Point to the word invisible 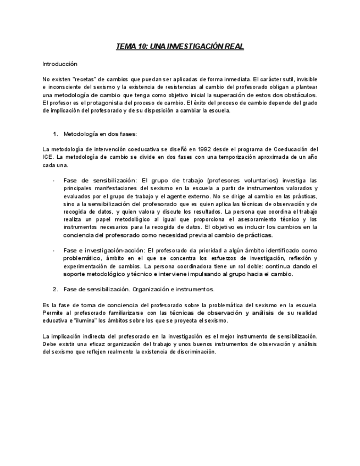pos(305,79)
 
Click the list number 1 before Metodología pos(55,134)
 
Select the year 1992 pos(199,149)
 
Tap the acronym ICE pos(47,157)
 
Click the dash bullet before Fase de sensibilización pos(53,180)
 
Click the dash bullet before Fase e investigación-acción pos(53,250)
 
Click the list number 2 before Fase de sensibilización pos(55,289)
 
